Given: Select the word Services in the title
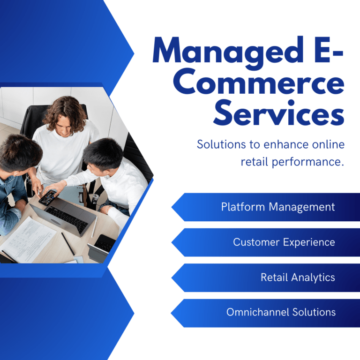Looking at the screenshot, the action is (x=279, y=113).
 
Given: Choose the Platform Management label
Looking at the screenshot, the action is (x=278, y=207).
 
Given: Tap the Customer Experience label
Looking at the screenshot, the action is (x=284, y=242).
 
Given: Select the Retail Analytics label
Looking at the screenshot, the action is (x=298, y=277).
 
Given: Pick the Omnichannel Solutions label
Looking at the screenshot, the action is (x=281, y=312).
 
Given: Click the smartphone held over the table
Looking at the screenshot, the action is (x=47, y=197).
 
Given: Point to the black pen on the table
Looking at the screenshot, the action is (x=68, y=244).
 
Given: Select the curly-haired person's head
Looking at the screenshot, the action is (x=66, y=116).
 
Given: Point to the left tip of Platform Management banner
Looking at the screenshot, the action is (x=172, y=207).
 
